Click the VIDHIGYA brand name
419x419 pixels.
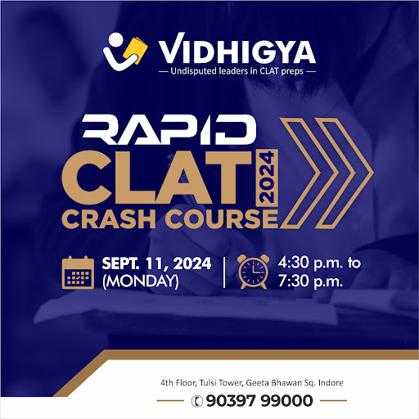coord(237,48)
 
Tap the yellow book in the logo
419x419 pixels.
coord(135,50)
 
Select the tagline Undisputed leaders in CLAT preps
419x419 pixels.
coord(237,71)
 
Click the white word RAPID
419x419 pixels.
coord(169,129)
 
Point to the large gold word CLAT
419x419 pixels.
coord(156,178)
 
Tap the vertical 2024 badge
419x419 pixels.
coord(267,178)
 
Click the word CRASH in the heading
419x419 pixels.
coord(109,219)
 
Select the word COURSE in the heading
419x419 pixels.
coord(222,219)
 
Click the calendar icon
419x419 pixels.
coord(78,273)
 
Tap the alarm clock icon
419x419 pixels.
coord(253,272)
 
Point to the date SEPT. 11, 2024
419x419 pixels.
coord(156,264)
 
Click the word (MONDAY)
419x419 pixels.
coord(141,281)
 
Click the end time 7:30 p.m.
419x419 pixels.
coord(310,281)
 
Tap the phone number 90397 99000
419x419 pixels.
coord(259,401)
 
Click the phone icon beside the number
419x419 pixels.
coord(197,401)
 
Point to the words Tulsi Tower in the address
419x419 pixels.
coord(221,383)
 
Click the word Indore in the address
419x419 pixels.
coord(331,383)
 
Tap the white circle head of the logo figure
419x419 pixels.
coord(115,40)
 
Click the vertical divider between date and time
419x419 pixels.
coord(224,273)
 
